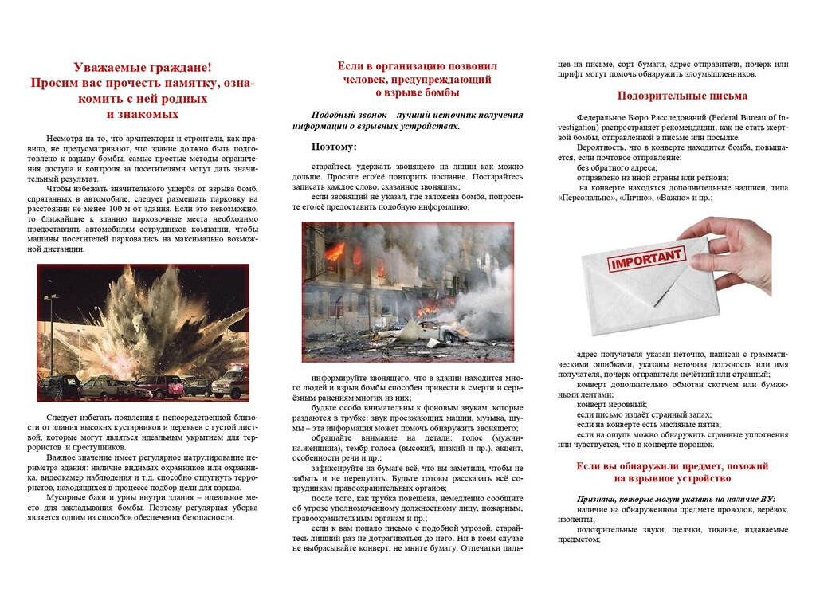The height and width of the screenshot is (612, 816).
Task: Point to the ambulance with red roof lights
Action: pos(230,382)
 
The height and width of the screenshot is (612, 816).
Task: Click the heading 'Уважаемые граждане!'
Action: pos(143,68)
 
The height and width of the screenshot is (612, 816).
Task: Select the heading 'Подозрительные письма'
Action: pos(682,96)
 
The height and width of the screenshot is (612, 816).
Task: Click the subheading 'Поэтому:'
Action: pos(334,147)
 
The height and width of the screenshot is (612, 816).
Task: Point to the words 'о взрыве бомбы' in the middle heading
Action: pos(417,93)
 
